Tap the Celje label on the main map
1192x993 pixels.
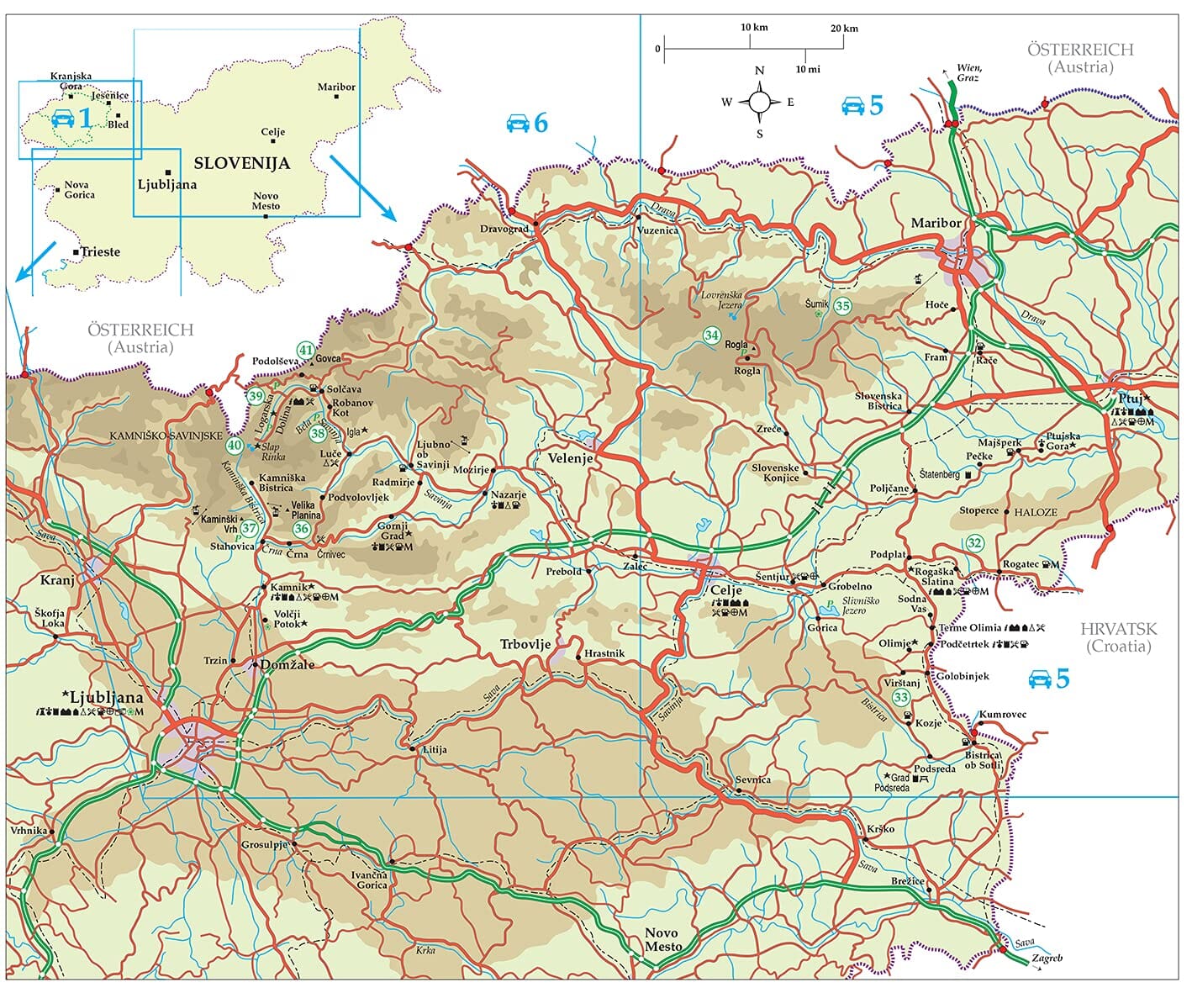726,591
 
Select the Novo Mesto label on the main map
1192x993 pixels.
662,940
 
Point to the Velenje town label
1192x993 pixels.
570,459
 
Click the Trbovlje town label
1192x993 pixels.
525,645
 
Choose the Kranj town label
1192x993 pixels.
57,580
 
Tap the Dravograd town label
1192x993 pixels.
504,229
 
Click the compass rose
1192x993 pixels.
759,103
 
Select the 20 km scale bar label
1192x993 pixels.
844,29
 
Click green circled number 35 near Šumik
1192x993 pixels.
842,307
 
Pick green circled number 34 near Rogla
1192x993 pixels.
712,335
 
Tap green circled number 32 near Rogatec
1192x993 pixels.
974,543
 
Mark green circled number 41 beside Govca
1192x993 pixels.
305,351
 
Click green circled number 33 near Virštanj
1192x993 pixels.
901,698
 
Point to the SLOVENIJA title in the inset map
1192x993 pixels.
241,163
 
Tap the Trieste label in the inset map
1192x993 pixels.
100,251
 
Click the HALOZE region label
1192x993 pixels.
1036,512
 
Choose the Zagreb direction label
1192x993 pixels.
1047,958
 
